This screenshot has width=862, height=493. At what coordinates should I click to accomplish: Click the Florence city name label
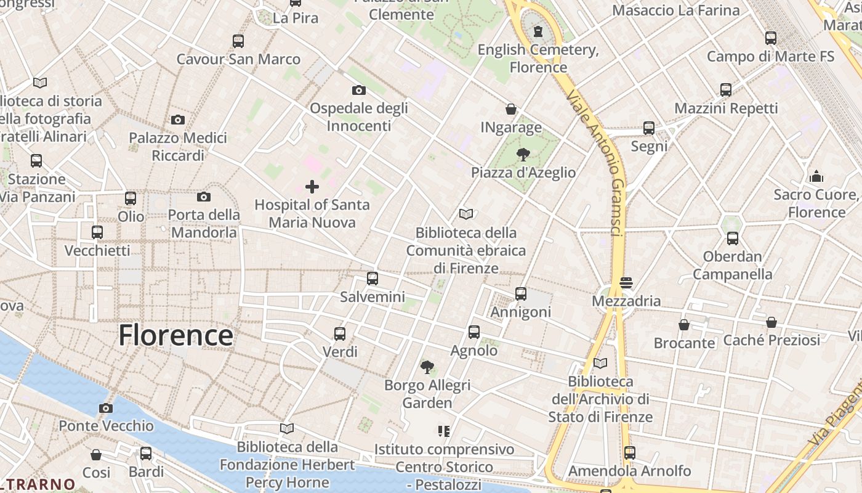[x=175, y=336]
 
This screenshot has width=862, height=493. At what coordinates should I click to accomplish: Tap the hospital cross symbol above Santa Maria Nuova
[x=312, y=186]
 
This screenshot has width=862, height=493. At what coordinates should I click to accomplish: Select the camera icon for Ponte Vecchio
[x=106, y=408]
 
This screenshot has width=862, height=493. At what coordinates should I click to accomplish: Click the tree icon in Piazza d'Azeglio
[x=523, y=154]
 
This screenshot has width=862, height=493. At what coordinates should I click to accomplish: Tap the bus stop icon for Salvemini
[x=373, y=279]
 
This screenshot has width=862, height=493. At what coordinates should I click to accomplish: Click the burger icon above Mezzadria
[x=626, y=283]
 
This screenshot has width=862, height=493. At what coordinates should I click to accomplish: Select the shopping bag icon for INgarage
[x=510, y=109]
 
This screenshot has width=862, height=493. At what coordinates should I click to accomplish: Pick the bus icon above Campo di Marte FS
[x=771, y=38]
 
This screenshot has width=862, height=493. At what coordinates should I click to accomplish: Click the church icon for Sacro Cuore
[x=816, y=176]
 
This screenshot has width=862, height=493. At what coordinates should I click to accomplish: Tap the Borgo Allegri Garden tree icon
[x=427, y=367]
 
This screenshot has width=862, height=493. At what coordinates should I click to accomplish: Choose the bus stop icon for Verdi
[x=340, y=334]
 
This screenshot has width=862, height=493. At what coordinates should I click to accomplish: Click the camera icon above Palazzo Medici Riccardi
[x=178, y=120]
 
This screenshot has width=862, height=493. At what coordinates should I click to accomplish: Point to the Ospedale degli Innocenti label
[x=359, y=116]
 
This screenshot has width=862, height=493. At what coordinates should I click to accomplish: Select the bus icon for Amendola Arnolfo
[x=629, y=453]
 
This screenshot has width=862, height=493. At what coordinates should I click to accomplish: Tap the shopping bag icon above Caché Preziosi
[x=771, y=322]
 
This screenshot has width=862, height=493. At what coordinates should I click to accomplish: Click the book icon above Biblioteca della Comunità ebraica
[x=466, y=214]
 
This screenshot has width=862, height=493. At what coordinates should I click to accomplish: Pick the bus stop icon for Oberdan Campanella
[x=732, y=238]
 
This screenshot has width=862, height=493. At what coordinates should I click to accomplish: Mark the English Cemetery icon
[x=539, y=31]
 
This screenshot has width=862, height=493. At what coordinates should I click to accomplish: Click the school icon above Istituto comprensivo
[x=443, y=431]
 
